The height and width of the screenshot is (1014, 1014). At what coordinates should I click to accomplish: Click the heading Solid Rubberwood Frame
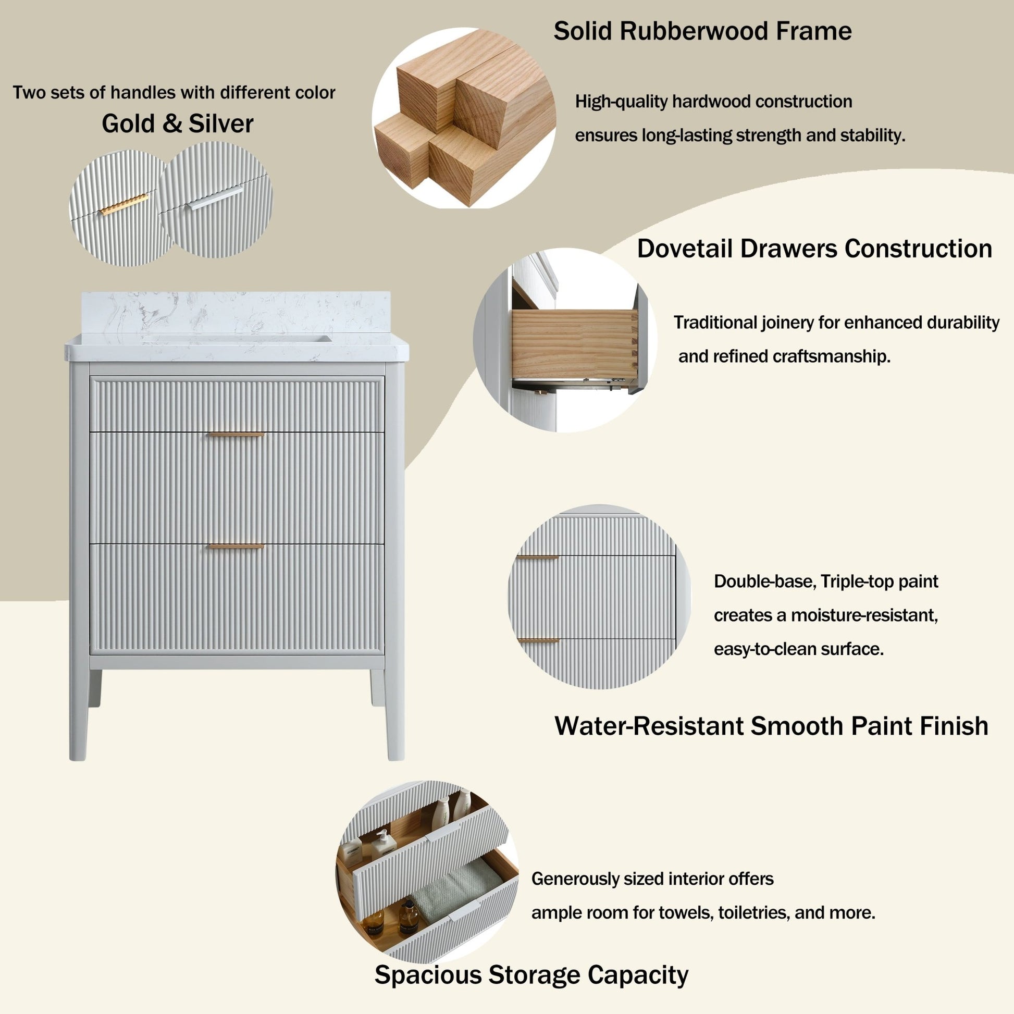702,31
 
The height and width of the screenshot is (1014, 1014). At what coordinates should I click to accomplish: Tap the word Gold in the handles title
128,124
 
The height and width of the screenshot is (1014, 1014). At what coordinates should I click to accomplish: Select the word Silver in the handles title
221,124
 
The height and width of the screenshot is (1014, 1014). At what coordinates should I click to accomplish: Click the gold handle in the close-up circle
124,205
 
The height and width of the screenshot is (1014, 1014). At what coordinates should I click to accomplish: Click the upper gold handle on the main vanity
236,435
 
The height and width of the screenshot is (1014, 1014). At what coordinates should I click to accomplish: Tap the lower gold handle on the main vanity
236,547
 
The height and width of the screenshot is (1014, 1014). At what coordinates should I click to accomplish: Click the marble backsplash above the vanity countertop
236,312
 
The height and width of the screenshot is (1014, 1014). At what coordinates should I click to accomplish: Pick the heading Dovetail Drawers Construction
814,249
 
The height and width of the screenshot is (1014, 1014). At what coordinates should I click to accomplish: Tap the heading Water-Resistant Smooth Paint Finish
771,726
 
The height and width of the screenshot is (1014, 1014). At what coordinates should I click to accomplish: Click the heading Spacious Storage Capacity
531,975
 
